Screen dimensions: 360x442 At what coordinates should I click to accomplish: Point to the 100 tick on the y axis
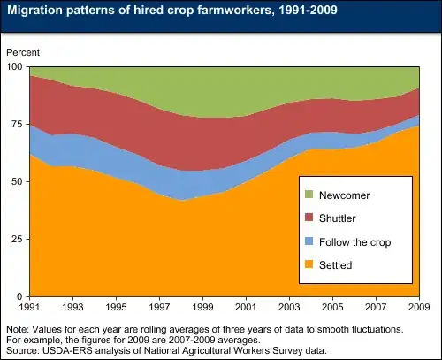(x=14, y=66)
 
